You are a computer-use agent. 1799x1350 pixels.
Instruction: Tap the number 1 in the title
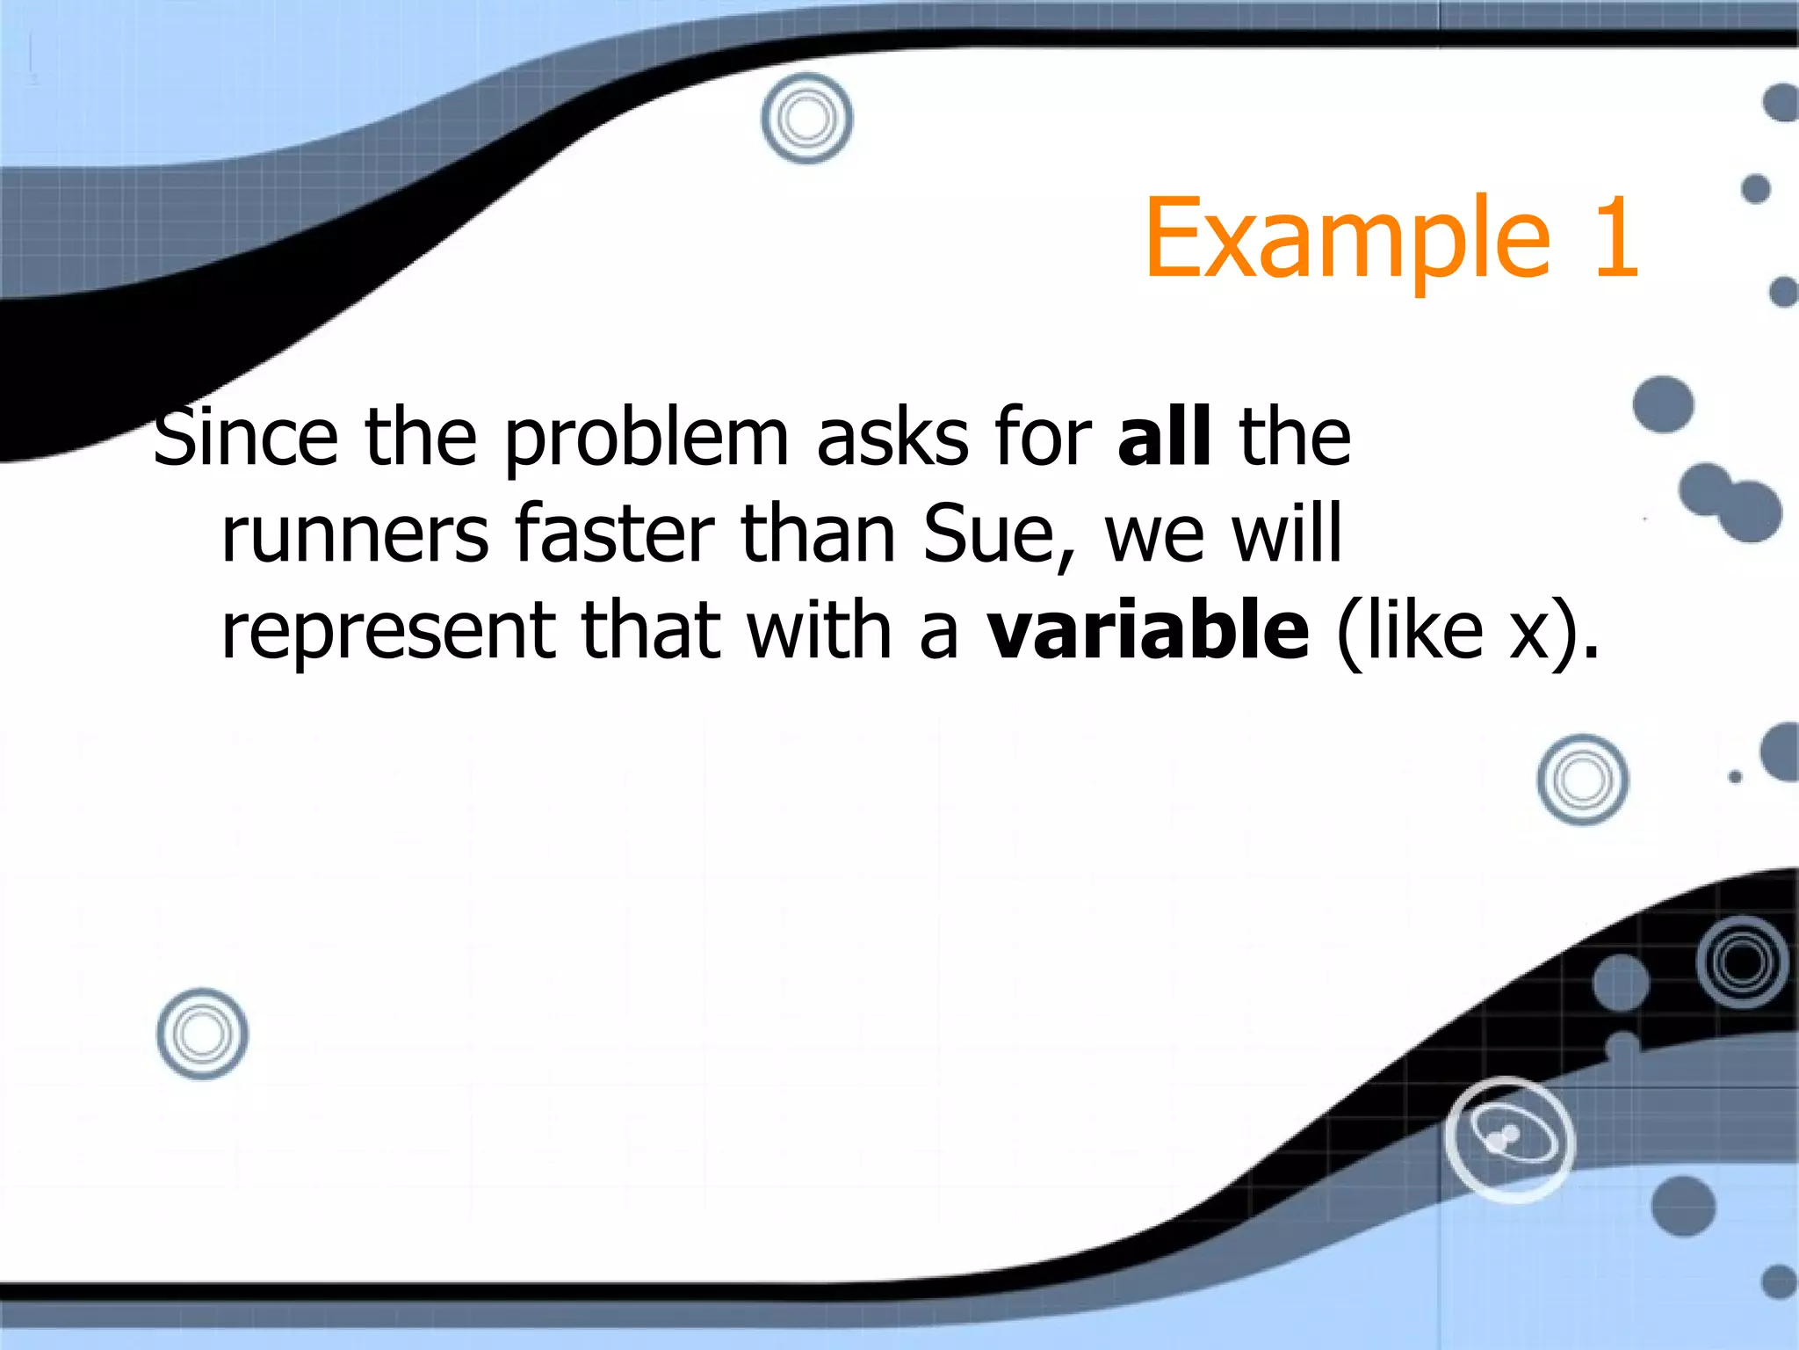click(x=1615, y=239)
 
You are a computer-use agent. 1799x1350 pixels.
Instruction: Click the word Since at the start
click(x=246, y=438)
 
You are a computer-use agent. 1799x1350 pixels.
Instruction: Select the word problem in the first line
click(x=646, y=439)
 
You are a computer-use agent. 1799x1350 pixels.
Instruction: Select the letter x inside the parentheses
click(x=1528, y=633)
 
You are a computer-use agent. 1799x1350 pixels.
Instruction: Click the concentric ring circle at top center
click(x=806, y=119)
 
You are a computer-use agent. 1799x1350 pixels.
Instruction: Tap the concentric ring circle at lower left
click(x=202, y=1034)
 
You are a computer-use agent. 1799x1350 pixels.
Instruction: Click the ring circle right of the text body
click(x=1582, y=780)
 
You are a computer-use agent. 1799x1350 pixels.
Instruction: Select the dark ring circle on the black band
click(x=1742, y=962)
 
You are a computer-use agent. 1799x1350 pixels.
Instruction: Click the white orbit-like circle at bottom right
click(x=1509, y=1139)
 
